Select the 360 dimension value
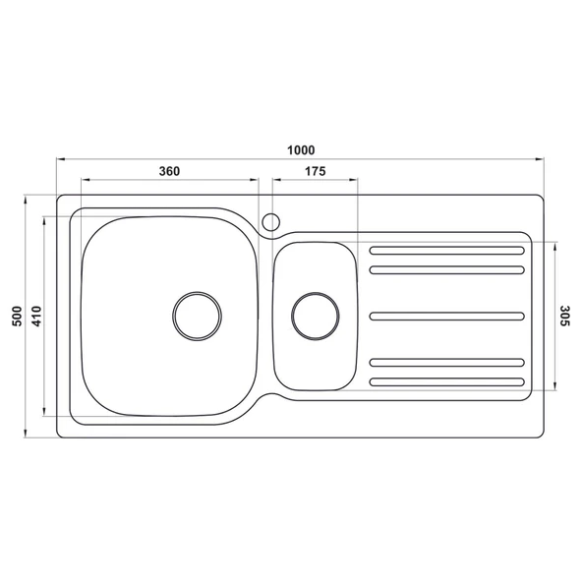[x=168, y=171]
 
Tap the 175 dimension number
[x=315, y=171]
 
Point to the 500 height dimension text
[x=16, y=317]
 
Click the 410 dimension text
[x=35, y=317]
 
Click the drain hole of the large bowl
[x=197, y=316]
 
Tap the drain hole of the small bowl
[x=316, y=316]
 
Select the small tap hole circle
[x=271, y=220]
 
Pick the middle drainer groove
[x=446, y=316]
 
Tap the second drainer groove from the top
[x=446, y=267]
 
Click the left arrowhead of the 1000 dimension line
[x=60, y=159]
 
